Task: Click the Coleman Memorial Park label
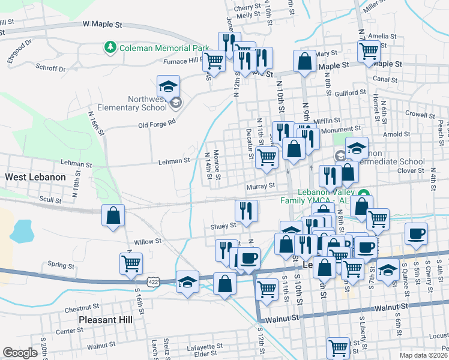pyautogui.click(x=164, y=48)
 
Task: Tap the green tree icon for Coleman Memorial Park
pyautogui.click(x=110, y=47)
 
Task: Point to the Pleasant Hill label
pyautogui.click(x=106, y=320)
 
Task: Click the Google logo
pyautogui.click(x=20, y=353)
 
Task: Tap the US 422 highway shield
pyautogui.click(x=153, y=281)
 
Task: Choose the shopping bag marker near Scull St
pyautogui.click(x=113, y=217)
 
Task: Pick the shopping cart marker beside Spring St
pyautogui.click(x=131, y=263)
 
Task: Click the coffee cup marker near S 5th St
pyautogui.click(x=416, y=235)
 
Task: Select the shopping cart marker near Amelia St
pyautogui.click(x=368, y=51)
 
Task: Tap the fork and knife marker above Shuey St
pyautogui.click(x=246, y=211)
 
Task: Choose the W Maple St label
pyautogui.click(x=102, y=25)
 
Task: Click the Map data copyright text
pyautogui.click(x=423, y=355)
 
